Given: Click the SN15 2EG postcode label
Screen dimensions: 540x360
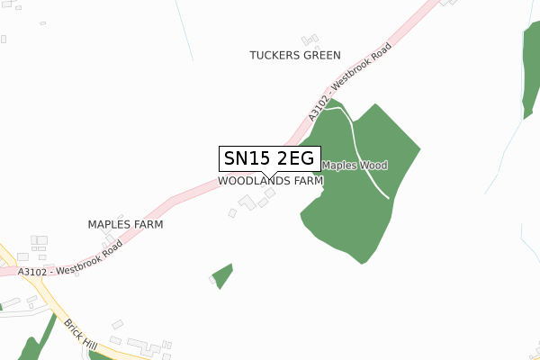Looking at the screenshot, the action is pyautogui.click(x=268, y=159).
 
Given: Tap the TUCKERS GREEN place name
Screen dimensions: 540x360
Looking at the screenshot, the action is pyautogui.click(x=295, y=55).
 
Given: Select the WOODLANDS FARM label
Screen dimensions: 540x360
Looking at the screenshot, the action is pyautogui.click(x=270, y=180).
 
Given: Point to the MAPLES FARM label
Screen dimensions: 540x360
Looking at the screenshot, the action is pyautogui.click(x=125, y=224).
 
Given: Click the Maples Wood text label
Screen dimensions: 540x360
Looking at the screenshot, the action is pyautogui.click(x=355, y=166).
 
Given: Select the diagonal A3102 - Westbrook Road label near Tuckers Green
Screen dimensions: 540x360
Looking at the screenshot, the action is pyautogui.click(x=350, y=81).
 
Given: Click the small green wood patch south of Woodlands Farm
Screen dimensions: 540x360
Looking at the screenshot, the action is pyautogui.click(x=222, y=274).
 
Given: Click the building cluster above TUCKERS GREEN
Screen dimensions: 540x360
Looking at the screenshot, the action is pyautogui.click(x=310, y=40).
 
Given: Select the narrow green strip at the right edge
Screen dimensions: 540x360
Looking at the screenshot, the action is pyautogui.click(x=529, y=63).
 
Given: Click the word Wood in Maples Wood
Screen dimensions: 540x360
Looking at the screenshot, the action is pyautogui.click(x=373, y=166).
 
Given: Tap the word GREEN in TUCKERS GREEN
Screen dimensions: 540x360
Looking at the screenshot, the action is pyautogui.click(x=320, y=55).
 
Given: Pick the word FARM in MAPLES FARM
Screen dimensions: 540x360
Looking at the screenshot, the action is pyautogui.click(x=148, y=224).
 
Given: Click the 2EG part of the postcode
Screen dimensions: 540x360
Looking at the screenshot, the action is pyautogui.click(x=295, y=159).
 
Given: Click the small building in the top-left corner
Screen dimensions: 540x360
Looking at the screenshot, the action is pyautogui.click(x=4, y=39).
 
